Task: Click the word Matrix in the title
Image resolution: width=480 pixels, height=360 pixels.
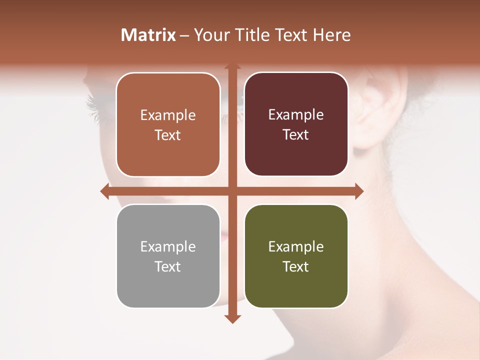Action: pos(148,35)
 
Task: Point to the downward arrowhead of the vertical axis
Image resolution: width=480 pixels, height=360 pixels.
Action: pos(232,319)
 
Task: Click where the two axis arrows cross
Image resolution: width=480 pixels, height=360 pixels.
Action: pos(232,191)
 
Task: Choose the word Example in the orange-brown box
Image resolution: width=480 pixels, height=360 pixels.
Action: pos(167,115)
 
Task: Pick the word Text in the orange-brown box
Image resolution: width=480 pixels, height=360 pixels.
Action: pos(167,135)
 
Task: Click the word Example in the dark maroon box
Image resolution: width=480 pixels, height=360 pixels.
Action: pos(295,115)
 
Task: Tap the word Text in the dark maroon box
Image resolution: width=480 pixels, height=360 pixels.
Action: pos(295,134)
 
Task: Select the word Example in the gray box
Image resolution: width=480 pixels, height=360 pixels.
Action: pos(167,247)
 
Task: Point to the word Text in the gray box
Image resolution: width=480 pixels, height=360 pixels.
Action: pos(167,266)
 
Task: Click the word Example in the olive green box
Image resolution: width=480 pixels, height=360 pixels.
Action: pos(295,247)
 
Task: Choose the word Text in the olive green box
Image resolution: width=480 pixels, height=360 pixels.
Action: pos(295,266)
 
